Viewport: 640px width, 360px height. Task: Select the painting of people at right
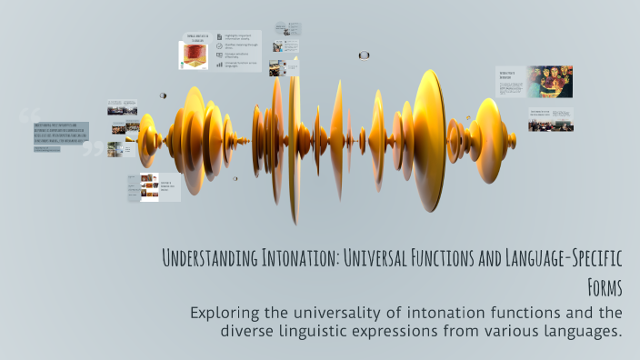coord(551,81)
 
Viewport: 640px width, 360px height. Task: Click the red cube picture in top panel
coord(194,55)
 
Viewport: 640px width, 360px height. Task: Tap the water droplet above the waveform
coord(364,55)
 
